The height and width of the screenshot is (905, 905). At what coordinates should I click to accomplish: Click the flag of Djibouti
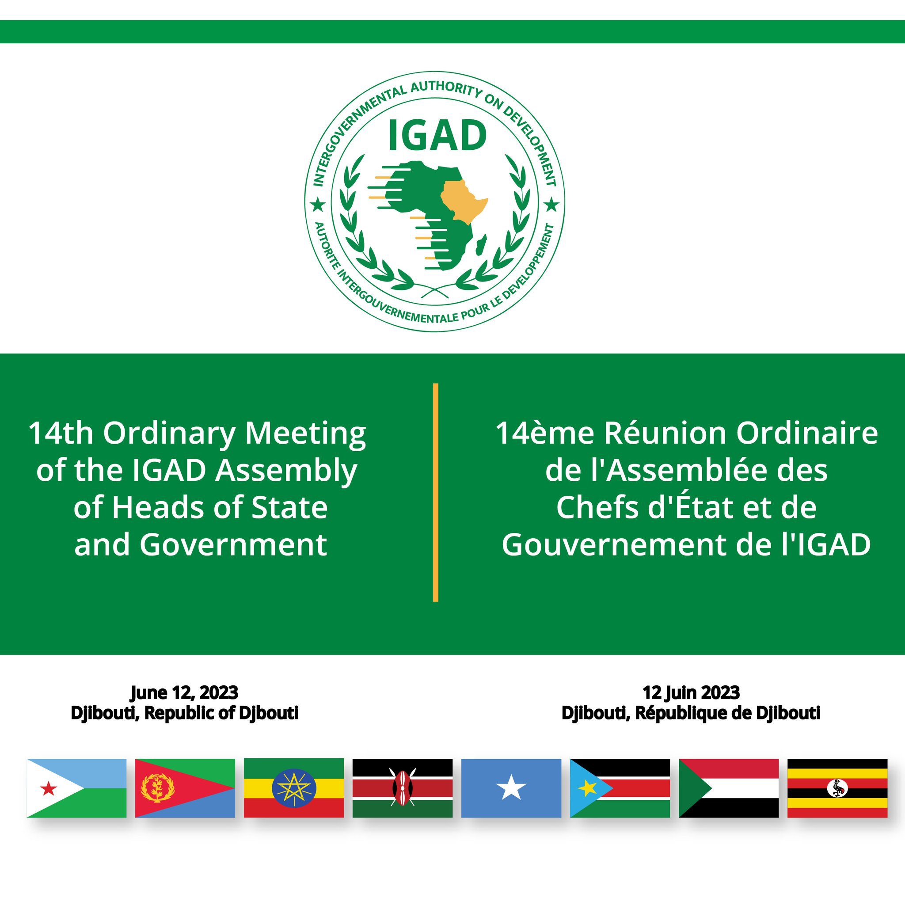[76, 788]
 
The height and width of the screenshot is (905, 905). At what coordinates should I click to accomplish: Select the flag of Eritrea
[185, 788]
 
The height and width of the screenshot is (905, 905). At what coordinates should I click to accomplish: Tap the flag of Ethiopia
[294, 788]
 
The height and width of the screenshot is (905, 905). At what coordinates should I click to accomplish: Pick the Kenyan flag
[403, 788]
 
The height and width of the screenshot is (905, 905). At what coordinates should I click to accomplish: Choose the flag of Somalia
[511, 788]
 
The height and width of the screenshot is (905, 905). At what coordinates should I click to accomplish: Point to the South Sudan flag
[620, 788]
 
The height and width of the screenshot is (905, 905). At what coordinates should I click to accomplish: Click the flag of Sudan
[728, 788]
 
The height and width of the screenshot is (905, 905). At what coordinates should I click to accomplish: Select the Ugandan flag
[837, 788]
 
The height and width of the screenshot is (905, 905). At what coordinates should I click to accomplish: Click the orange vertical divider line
[436, 492]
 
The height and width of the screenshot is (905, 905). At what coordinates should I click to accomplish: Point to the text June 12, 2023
[184, 693]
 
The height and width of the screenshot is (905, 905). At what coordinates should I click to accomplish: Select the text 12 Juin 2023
[691, 693]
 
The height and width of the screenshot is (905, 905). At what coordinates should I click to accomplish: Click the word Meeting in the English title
[305, 434]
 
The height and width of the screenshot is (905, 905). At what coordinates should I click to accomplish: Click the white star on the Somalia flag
[511, 788]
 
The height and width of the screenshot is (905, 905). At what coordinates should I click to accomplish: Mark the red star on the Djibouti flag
[49, 789]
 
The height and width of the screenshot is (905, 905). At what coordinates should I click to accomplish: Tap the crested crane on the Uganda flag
[837, 788]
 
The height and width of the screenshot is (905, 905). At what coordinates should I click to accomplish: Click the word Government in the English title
[233, 544]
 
